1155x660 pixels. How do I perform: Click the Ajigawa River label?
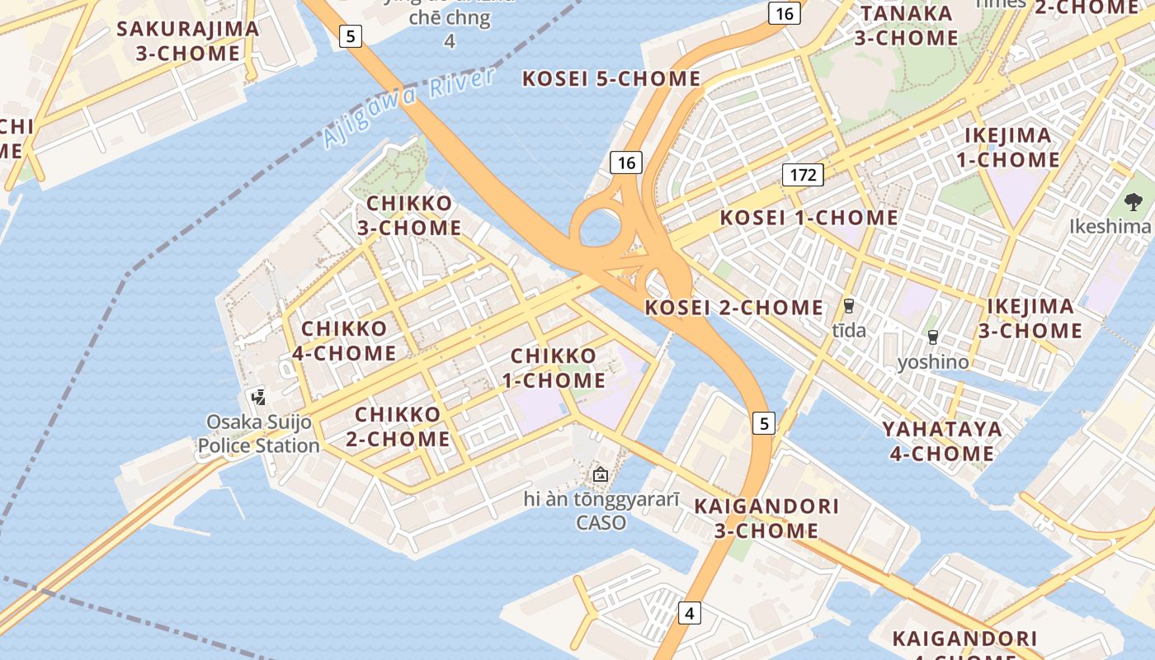tap(409, 108)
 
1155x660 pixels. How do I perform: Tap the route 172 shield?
tap(803, 174)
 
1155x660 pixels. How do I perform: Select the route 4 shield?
tap(690, 613)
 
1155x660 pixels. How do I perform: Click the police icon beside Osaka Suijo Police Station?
tap(259, 397)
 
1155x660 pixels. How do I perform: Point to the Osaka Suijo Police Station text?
tap(259, 434)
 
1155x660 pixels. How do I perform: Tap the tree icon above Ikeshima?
tap(1134, 201)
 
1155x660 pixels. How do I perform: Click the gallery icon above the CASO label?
tap(601, 474)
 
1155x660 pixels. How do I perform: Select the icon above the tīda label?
tap(848, 306)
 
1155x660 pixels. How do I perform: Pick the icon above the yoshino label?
tap(933, 337)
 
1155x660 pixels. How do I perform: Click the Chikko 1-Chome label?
tap(554, 368)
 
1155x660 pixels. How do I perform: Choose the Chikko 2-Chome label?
tap(398, 426)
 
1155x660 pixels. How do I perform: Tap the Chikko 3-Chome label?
tap(409, 215)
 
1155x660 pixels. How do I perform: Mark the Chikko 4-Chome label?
tap(344, 341)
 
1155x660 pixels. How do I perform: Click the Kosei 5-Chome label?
tap(611, 79)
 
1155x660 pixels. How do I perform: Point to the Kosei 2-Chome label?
tap(733, 308)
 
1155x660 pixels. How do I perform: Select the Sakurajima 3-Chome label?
tap(188, 41)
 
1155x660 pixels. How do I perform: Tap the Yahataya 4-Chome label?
tap(941, 441)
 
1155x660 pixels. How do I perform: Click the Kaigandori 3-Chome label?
tap(766, 518)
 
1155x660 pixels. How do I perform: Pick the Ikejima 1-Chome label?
tap(1008, 148)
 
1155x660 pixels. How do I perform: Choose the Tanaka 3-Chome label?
tap(907, 26)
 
